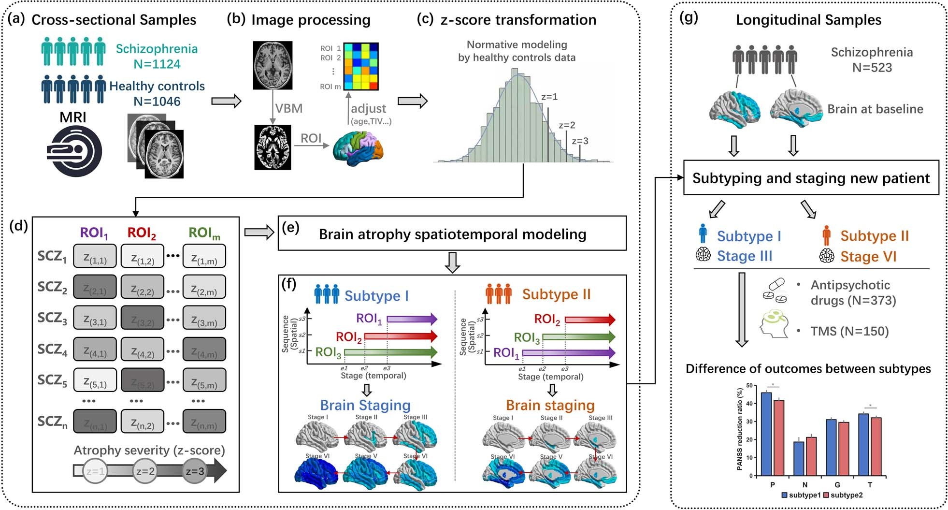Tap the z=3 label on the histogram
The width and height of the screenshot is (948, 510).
[580, 141]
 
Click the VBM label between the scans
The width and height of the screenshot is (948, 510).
[288, 108]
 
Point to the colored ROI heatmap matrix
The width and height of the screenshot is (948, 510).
[360, 67]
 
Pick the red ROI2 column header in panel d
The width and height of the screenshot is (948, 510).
[142, 233]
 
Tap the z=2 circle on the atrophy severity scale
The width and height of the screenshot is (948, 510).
[145, 471]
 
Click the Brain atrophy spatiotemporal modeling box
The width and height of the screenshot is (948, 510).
[452, 234]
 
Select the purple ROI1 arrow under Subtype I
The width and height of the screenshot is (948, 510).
[412, 319]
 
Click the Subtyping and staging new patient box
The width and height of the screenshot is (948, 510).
[810, 178]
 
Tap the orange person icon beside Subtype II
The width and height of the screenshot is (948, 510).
[826, 235]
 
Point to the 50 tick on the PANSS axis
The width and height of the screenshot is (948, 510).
[749, 385]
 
